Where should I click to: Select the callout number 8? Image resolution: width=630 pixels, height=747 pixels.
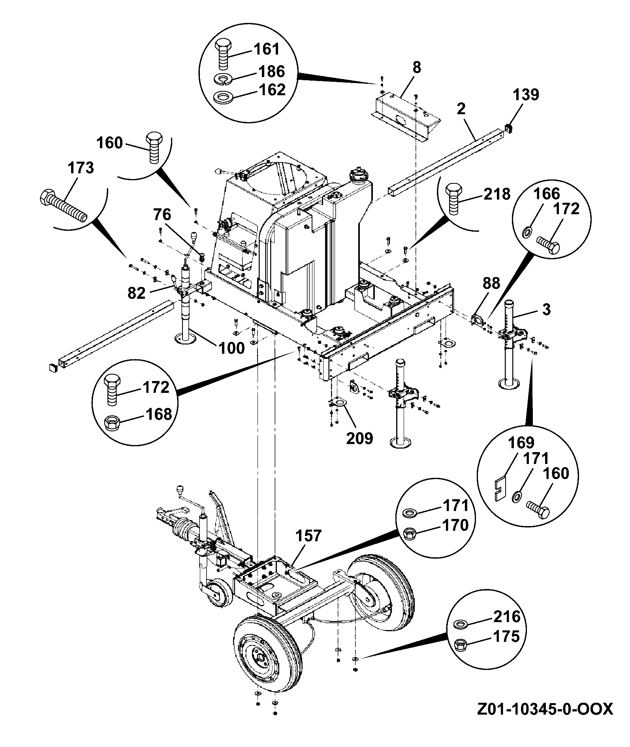[417, 68]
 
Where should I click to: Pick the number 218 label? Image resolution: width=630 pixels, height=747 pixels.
[496, 194]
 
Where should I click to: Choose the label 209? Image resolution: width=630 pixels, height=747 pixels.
[359, 438]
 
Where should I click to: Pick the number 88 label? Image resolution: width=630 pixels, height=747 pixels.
[491, 283]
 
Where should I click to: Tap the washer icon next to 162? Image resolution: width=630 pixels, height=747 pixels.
[224, 97]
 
